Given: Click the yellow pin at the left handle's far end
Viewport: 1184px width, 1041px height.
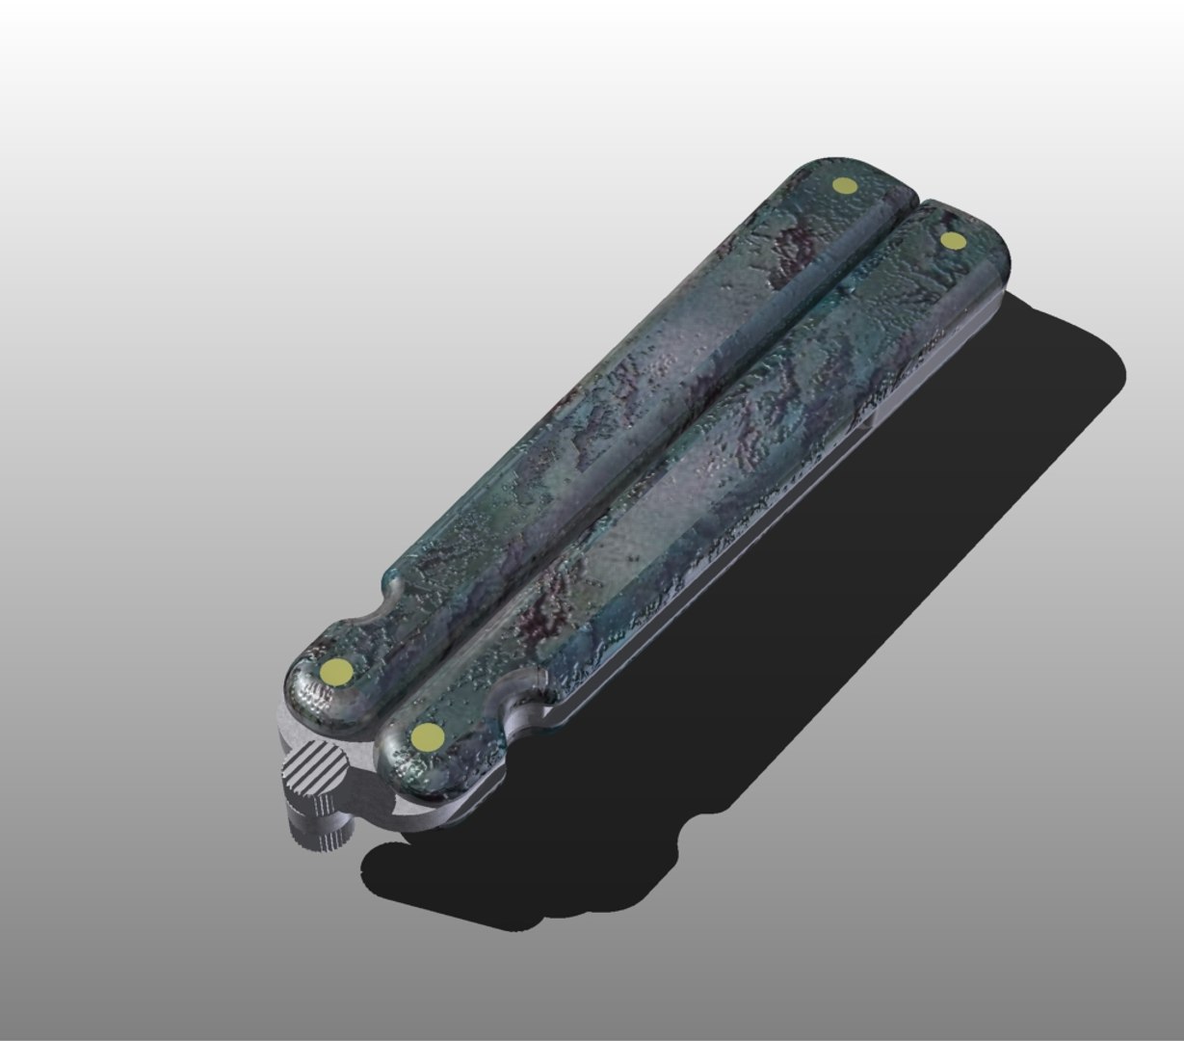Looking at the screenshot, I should tap(844, 185).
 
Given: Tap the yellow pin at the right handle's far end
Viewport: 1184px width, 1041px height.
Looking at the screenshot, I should tap(953, 240).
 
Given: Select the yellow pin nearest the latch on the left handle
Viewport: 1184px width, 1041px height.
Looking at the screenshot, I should tap(336, 671).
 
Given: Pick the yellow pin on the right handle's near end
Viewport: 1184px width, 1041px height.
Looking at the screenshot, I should tap(426, 737).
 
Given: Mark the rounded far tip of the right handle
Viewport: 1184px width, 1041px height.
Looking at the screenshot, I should tap(983, 231).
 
